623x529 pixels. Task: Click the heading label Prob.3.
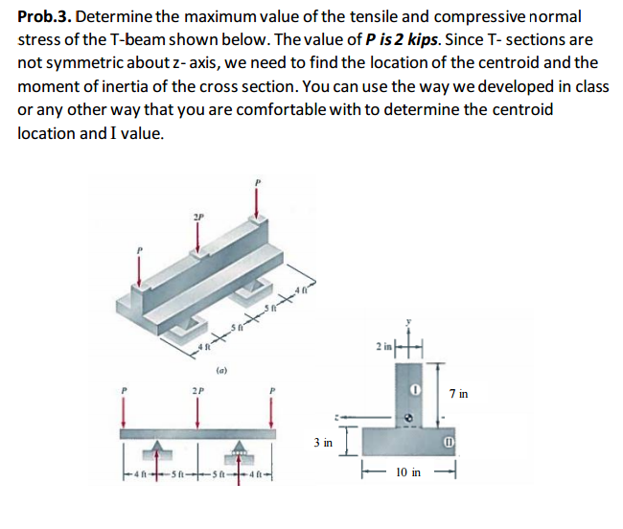[x=40, y=18]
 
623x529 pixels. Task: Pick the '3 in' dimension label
[x=323, y=442]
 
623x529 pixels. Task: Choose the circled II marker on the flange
[x=447, y=442]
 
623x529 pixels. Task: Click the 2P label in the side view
[x=198, y=391]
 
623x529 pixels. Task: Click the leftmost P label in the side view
[x=124, y=392]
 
